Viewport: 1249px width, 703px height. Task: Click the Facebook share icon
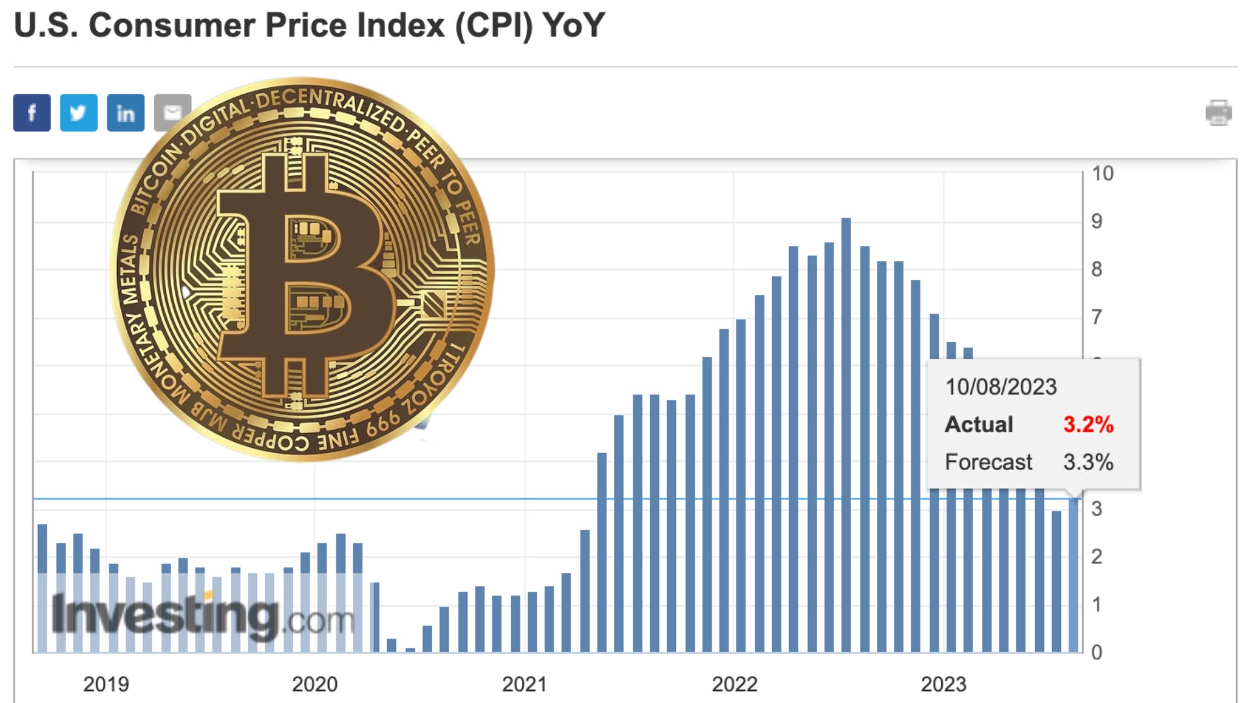click(32, 113)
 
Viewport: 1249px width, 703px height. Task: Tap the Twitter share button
click(79, 113)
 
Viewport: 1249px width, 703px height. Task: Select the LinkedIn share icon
click(126, 113)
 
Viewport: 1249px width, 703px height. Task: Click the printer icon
click(1218, 113)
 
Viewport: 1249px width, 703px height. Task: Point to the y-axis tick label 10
click(1103, 174)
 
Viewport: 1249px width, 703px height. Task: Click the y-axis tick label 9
click(1097, 221)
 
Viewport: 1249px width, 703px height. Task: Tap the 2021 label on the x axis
click(524, 684)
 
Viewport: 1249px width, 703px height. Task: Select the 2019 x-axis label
click(106, 684)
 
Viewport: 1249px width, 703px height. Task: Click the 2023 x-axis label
click(943, 684)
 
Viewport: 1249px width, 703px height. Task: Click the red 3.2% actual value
click(1088, 424)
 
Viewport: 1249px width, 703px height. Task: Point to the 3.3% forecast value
click(1088, 462)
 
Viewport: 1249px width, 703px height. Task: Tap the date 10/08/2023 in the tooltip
click(1001, 387)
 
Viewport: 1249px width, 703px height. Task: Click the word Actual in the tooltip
click(979, 424)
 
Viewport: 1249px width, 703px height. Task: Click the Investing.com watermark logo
click(202, 615)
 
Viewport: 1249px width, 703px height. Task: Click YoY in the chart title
click(574, 26)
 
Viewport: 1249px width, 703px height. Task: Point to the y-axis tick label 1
click(1097, 605)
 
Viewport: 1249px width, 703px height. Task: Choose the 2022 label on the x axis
click(734, 684)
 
